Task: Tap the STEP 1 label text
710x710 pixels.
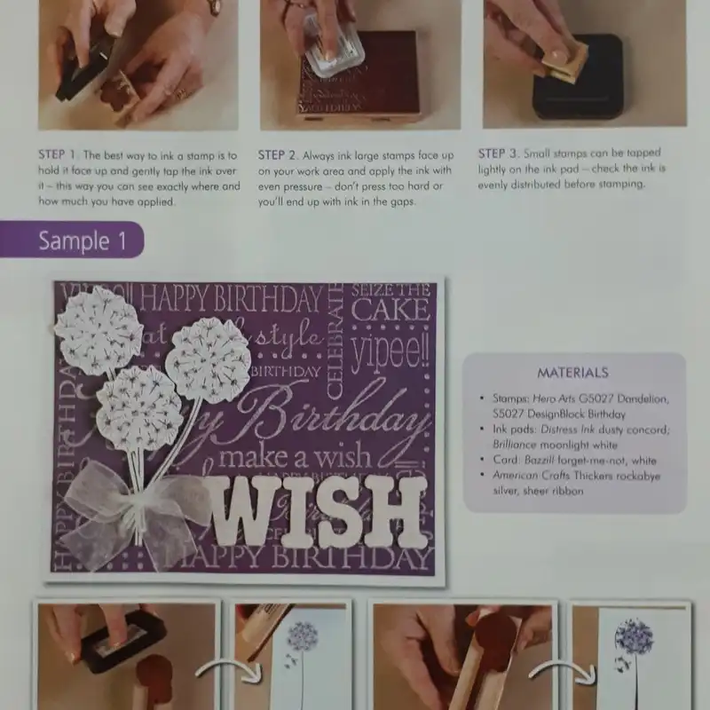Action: pos(59,154)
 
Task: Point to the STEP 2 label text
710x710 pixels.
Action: pos(279,154)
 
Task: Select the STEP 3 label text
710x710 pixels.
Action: pos(498,153)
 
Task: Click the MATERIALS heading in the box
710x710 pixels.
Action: pos(572,373)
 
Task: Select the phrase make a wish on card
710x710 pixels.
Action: pos(293,458)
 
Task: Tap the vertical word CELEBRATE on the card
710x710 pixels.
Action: pos(335,342)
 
